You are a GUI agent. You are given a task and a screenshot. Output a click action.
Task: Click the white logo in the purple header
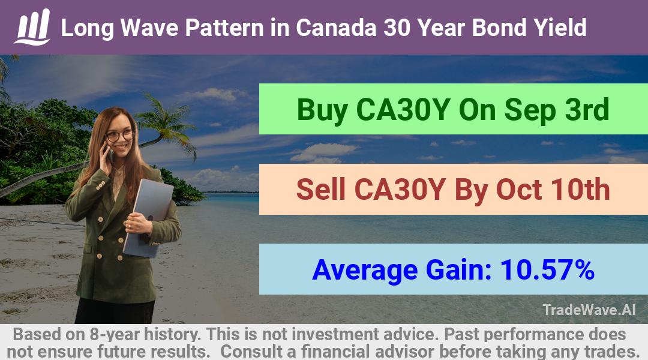pyautogui.click(x=32, y=27)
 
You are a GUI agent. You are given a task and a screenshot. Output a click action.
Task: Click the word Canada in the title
pyautogui.click(x=336, y=28)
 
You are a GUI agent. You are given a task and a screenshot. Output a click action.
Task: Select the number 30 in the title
pyautogui.click(x=397, y=28)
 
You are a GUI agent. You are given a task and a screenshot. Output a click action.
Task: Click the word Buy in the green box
pyautogui.click(x=322, y=110)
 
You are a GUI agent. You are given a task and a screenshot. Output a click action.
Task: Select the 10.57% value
pyautogui.click(x=547, y=269)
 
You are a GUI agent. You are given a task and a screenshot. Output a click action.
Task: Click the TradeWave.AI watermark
pyautogui.click(x=589, y=310)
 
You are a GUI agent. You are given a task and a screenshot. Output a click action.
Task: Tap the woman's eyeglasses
pyautogui.click(x=119, y=136)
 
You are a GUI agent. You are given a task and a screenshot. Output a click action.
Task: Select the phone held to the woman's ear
pyautogui.click(x=110, y=152)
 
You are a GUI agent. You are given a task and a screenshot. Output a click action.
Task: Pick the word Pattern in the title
pyautogui.click(x=224, y=28)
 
